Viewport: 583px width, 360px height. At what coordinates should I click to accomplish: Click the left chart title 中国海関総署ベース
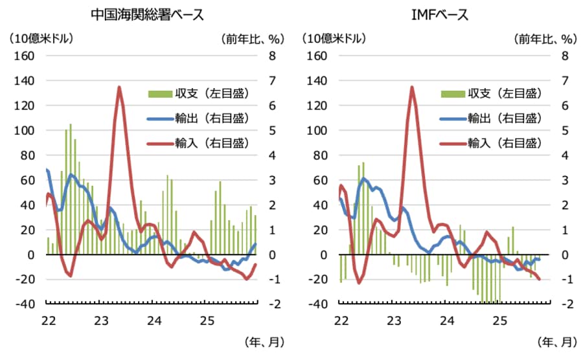(x=148, y=15)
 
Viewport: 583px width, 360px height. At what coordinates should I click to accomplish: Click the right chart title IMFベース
(x=440, y=15)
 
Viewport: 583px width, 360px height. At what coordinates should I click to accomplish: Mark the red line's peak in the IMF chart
(x=412, y=87)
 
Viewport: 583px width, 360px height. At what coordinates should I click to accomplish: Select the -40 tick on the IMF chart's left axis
(x=317, y=304)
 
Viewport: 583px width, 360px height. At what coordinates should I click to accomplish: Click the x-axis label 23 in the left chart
(x=101, y=320)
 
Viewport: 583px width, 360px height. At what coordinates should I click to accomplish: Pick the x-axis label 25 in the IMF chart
(x=499, y=320)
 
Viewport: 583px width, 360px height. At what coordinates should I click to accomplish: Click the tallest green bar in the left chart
(x=71, y=188)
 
